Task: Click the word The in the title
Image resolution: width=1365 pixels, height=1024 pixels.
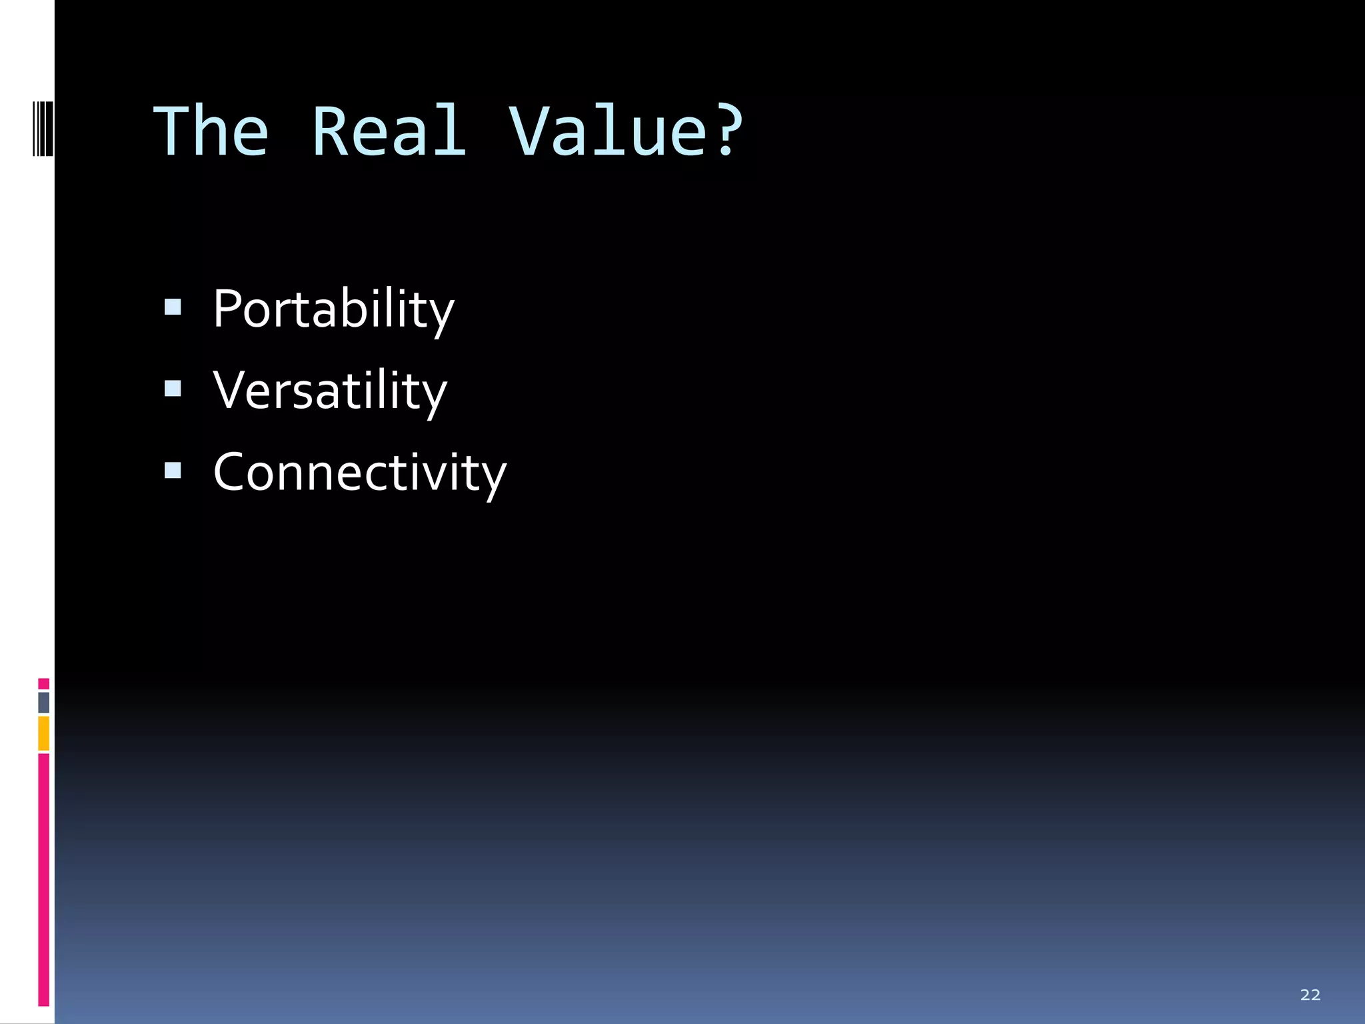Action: coord(211,132)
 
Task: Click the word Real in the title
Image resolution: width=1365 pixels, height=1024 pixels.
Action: coord(389,132)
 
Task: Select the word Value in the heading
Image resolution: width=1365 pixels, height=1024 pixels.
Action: coord(607,132)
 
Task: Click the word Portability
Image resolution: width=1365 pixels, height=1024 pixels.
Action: coord(333,309)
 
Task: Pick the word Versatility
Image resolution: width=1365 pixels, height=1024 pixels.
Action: coord(330,391)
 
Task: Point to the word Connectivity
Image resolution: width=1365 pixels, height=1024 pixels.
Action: coord(360,473)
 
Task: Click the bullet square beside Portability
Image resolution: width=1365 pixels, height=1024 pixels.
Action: coord(173,307)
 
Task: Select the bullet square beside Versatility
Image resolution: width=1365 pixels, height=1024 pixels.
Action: coord(173,389)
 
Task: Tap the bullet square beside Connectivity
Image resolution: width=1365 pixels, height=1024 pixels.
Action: coord(173,471)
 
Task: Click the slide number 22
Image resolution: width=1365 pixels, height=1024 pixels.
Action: coord(1310,995)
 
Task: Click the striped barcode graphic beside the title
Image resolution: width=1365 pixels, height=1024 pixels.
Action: coord(43,127)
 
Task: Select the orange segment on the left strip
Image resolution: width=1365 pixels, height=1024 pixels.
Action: coord(43,733)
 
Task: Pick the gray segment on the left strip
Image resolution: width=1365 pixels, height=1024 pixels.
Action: coord(43,702)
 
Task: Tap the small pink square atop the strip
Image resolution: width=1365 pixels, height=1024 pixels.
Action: coord(43,683)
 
